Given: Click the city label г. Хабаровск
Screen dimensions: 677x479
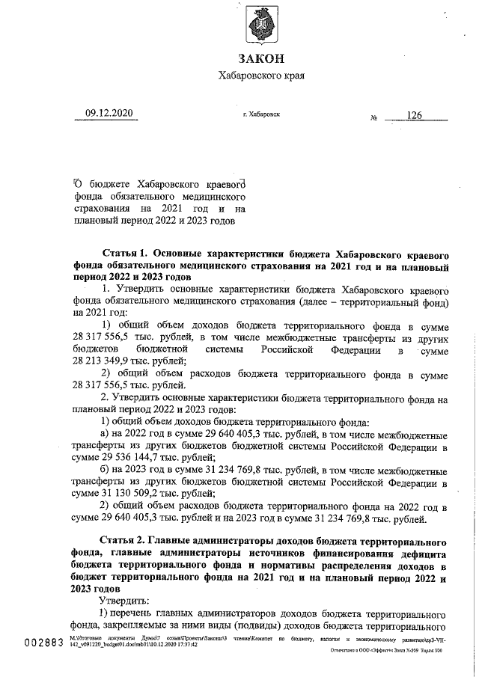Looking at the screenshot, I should click(261, 114).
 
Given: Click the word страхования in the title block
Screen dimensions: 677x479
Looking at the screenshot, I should click(106, 209).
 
